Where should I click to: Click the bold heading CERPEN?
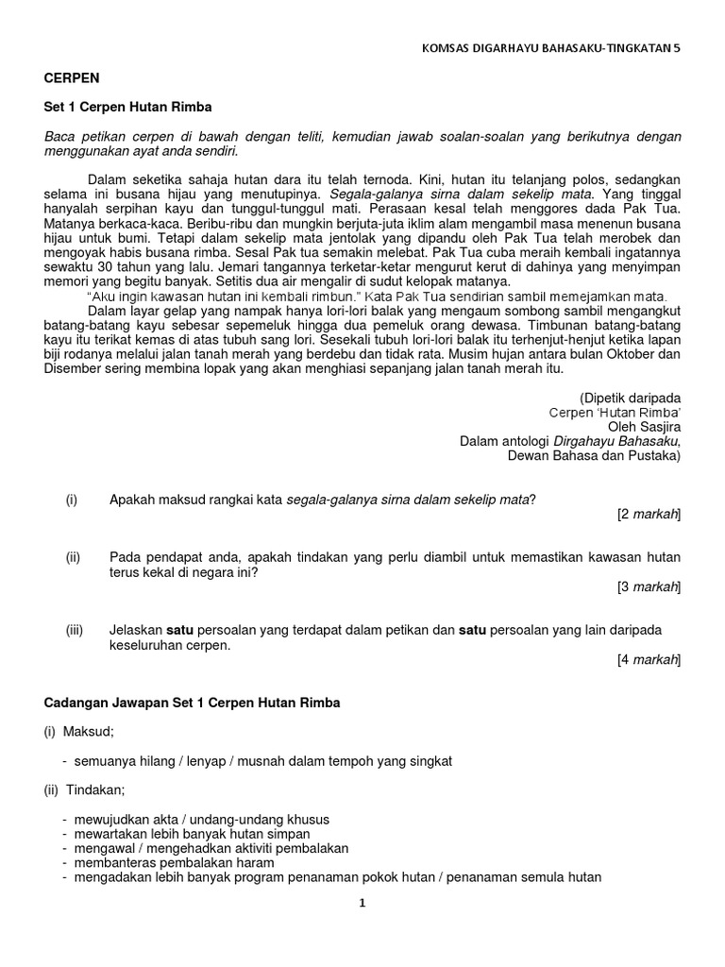click(x=72, y=77)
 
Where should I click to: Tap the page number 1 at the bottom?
click(x=362, y=903)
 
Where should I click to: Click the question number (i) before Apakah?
click(x=71, y=500)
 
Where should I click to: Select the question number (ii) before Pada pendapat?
click(x=73, y=558)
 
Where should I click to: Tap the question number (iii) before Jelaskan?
click(x=75, y=630)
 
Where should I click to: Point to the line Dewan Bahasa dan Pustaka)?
click(x=595, y=455)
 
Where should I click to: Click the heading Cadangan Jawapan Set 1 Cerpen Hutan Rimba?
click(x=193, y=704)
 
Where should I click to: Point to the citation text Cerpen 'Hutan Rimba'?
click(x=615, y=413)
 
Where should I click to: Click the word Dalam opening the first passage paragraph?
click(x=106, y=178)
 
